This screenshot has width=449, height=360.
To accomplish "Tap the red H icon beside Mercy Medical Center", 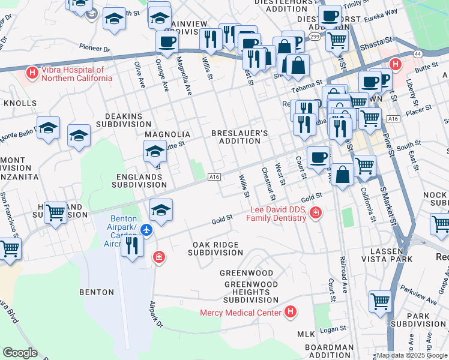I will pyautogui.click(x=291, y=312).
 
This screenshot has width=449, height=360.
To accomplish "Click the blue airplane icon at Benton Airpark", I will pyautogui.click(x=147, y=230).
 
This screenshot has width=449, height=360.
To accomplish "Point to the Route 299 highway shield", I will pyautogui.click(x=314, y=37).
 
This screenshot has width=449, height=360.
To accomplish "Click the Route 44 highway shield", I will pyautogui.click(x=418, y=54).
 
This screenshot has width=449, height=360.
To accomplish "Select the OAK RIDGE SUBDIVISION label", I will pyautogui.click(x=215, y=249).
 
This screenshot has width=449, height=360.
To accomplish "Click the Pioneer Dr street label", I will pyautogui.click(x=95, y=46).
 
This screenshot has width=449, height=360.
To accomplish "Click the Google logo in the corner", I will pyautogui.click(x=20, y=353).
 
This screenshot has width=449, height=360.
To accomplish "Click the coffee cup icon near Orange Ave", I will pyautogui.click(x=167, y=42).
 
